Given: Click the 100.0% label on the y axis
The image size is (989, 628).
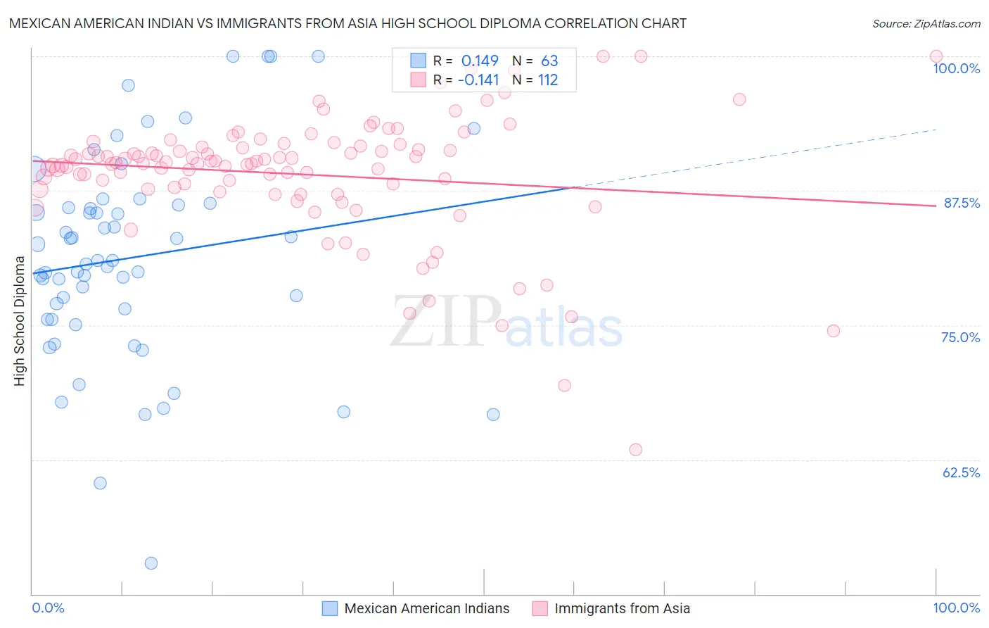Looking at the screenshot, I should (956, 68).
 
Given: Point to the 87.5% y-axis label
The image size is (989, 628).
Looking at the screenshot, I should (962, 203).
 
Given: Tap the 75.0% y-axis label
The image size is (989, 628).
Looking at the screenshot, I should (960, 337).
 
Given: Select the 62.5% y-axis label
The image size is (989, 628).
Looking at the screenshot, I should (961, 472).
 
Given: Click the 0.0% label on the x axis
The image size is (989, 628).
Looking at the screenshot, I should (48, 608).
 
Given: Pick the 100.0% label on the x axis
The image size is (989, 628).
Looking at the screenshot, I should (956, 608).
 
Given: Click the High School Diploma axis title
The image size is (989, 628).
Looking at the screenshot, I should (20, 320).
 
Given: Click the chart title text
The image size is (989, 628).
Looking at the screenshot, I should (347, 23).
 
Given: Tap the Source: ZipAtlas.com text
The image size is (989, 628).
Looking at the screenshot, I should (926, 24).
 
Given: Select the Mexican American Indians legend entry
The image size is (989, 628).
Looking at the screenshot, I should (426, 608).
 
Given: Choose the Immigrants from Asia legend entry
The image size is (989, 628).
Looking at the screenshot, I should (622, 608).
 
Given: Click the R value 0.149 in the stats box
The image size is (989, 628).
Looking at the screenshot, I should (480, 61).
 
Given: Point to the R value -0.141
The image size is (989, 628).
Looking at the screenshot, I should (478, 80).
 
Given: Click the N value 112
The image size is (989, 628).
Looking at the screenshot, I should (548, 80).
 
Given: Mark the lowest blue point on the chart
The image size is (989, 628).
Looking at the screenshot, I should (151, 563).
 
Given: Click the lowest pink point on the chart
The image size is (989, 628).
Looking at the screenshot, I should (636, 450).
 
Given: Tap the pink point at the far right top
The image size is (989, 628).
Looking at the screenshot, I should (936, 56).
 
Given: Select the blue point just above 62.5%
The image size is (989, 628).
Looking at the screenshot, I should (100, 483).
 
